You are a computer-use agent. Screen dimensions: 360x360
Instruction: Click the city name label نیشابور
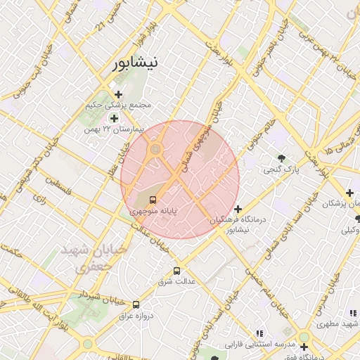click(x=135, y=63)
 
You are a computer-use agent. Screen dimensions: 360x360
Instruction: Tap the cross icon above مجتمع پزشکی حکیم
click(x=118, y=94)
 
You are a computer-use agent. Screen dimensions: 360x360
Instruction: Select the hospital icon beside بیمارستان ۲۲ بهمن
click(x=114, y=118)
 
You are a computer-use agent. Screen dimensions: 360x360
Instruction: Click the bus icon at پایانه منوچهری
click(x=154, y=199)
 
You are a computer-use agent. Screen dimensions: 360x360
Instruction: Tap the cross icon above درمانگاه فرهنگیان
click(x=238, y=209)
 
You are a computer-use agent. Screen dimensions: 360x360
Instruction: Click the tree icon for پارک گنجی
click(x=281, y=158)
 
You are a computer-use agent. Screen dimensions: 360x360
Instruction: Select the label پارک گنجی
click(x=281, y=170)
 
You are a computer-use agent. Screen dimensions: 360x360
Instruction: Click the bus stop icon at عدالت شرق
click(x=176, y=270)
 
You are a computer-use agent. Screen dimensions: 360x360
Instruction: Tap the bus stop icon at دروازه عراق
click(x=136, y=304)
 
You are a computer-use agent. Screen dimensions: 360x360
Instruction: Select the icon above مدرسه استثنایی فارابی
click(x=259, y=333)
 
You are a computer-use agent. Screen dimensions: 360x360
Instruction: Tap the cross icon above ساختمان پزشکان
click(x=349, y=193)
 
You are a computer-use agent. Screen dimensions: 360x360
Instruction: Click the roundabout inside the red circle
click(x=155, y=149)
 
